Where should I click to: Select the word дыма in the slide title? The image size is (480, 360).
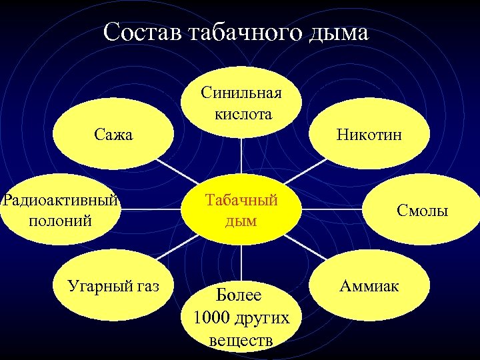(337, 33)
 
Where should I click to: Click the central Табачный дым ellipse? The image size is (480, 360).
(241, 209)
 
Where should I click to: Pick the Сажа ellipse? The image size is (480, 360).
(113, 135)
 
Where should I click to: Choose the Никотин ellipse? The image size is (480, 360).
(369, 135)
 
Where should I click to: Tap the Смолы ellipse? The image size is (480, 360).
(423, 211)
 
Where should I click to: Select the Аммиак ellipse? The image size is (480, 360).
(369, 285)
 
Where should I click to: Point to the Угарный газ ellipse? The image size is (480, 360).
(113, 287)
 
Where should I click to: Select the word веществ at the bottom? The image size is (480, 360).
(241, 341)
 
